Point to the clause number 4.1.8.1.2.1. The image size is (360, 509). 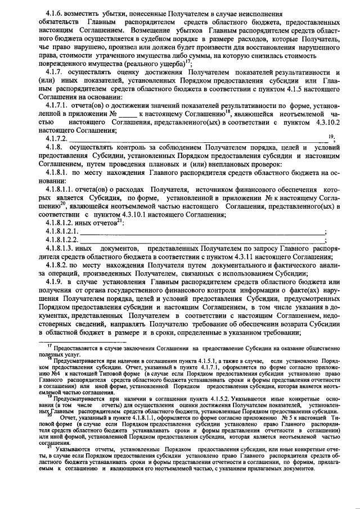pos(64,231)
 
